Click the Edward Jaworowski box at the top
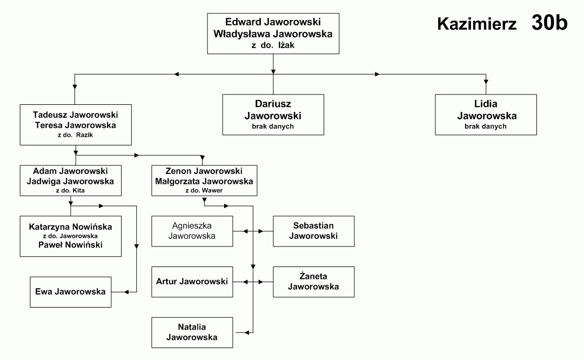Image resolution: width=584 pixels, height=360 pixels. click(x=273, y=34)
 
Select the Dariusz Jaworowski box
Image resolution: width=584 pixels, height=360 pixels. click(x=273, y=115)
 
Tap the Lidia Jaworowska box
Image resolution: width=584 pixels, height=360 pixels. click(x=486, y=115)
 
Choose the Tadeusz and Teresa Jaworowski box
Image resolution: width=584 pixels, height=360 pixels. click(x=76, y=124)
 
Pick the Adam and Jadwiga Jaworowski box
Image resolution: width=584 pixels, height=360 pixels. click(x=70, y=181)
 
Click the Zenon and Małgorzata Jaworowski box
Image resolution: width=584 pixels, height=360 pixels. click(x=204, y=181)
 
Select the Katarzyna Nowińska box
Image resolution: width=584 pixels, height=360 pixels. click(x=70, y=236)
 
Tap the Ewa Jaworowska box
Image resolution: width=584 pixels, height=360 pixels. click(x=70, y=292)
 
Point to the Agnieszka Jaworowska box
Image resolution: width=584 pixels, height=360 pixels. click(x=192, y=231)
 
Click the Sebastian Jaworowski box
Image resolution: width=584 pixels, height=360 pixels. click(x=313, y=231)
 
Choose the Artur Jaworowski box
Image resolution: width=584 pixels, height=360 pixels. click(x=192, y=282)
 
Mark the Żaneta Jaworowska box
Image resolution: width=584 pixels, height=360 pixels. click(x=313, y=282)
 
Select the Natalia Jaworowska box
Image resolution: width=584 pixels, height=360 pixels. click(x=192, y=332)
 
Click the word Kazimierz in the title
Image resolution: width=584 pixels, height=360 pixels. click(x=476, y=24)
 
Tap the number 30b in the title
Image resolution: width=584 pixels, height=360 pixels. click(x=549, y=22)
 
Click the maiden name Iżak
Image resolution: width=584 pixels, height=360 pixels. click(x=286, y=45)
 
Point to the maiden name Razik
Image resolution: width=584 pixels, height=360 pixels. click(x=84, y=135)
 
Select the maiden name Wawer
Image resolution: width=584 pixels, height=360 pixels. click(x=212, y=190)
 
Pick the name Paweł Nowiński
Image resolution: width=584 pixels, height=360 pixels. click(x=70, y=245)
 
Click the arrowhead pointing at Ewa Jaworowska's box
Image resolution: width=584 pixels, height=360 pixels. click(x=126, y=292)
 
